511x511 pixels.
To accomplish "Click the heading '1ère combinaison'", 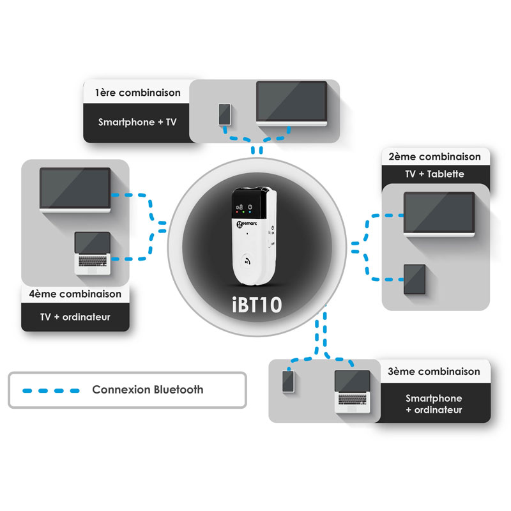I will click(137, 93).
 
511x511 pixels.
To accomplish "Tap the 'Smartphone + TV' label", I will click(137, 121).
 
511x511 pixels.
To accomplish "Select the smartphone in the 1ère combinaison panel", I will click(224, 114).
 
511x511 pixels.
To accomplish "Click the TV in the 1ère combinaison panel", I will click(292, 103).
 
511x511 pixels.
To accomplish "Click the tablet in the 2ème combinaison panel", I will click(416, 279).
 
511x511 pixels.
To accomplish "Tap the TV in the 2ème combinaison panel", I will click(439, 214).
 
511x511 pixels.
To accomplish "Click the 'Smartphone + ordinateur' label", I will click(434, 404).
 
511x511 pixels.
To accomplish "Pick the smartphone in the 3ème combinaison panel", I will click(289, 382).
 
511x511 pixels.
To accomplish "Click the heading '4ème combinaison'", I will click(75, 294).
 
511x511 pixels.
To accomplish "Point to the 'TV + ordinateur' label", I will click(75, 317).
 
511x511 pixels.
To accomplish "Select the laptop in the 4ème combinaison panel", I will click(93, 253).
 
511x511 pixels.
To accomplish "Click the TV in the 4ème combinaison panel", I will click(75, 189).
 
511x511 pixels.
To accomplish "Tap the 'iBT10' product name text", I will click(256, 303).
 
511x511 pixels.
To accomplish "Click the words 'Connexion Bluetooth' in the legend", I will click(148, 390).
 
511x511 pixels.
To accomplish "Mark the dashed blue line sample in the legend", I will click(50, 390).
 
